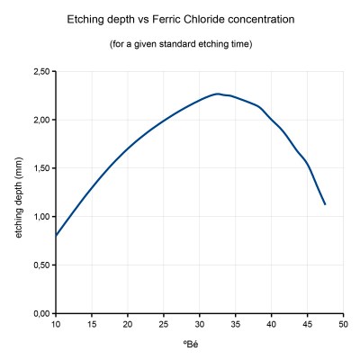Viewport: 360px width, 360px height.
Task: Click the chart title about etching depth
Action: click(180, 19)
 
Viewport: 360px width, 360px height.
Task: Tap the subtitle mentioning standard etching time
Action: click(180, 43)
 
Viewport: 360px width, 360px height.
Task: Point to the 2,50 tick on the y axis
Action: click(40, 71)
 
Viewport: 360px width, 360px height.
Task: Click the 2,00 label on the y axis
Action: click(40, 120)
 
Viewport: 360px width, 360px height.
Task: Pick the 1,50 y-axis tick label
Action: click(40, 168)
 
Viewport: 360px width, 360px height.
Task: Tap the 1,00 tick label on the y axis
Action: click(40, 217)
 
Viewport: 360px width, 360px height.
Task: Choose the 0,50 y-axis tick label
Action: click(40, 265)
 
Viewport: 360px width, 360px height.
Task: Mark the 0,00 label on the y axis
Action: click(40, 314)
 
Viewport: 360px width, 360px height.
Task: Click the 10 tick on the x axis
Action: click(56, 324)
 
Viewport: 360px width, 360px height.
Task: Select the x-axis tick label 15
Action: click(92, 324)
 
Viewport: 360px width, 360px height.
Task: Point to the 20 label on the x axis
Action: click(128, 324)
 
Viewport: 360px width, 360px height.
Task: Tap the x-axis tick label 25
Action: click(164, 324)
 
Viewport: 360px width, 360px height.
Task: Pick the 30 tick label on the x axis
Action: click(200, 324)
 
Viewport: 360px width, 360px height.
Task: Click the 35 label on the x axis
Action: click(236, 324)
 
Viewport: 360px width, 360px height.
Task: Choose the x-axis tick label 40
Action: click(272, 324)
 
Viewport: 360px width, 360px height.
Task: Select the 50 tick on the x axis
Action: click(344, 324)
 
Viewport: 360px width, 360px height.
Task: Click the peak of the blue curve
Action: click(218, 94)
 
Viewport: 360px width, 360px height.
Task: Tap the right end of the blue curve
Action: click(325, 204)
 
